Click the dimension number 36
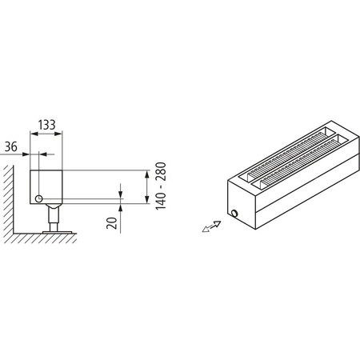pos(12,146)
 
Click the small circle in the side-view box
pos(38,198)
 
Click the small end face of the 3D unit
pos(239,205)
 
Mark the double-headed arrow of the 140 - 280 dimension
pos(146,186)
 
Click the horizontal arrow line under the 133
pos(46,134)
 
